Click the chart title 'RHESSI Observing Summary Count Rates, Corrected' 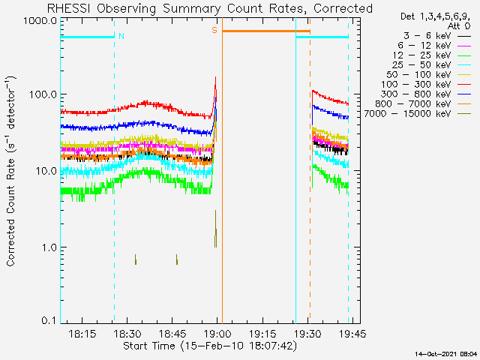click(209, 8)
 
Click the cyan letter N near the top click(121, 35)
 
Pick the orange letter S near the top click(214, 30)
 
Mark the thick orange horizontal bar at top click(265, 31)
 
